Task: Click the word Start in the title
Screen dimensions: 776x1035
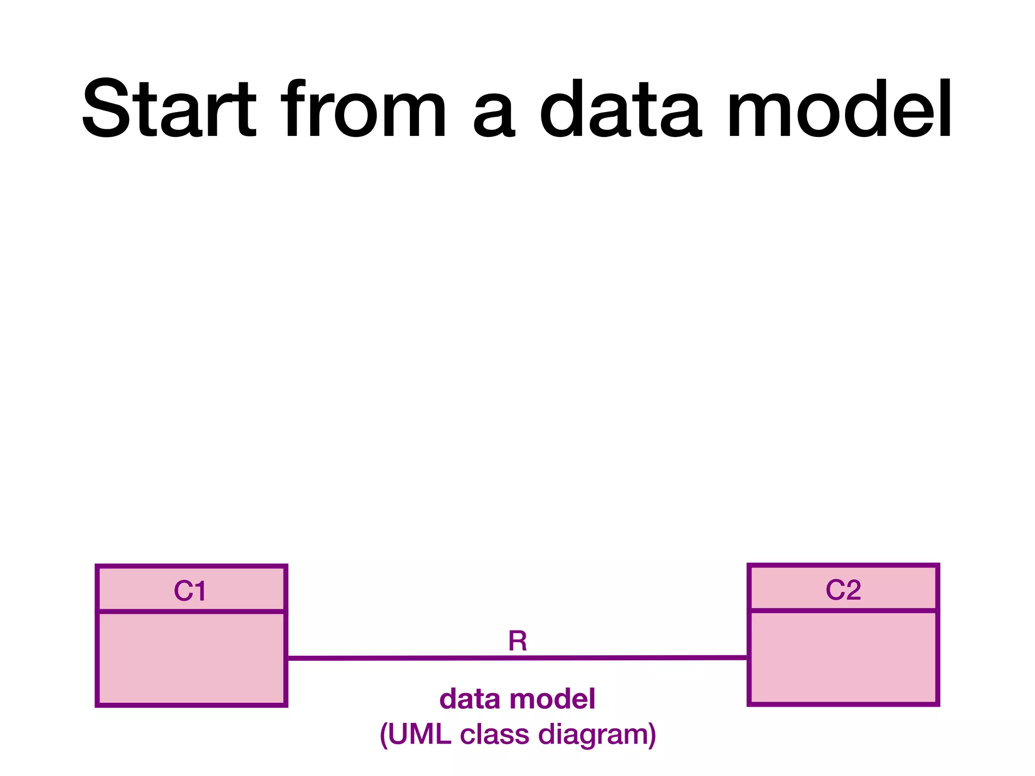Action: click(x=169, y=109)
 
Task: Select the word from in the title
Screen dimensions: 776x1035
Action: click(x=364, y=109)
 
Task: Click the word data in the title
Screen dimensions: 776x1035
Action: click(x=620, y=109)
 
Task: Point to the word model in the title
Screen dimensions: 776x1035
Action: click(x=839, y=109)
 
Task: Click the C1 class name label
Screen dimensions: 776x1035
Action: click(x=190, y=591)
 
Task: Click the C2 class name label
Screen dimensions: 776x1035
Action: click(x=843, y=590)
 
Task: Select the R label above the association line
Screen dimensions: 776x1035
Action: click(x=517, y=641)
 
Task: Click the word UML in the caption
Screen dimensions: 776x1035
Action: click(x=419, y=735)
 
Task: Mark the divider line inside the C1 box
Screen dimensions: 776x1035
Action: click(x=191, y=612)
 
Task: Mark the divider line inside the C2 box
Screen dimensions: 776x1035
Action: click(x=843, y=611)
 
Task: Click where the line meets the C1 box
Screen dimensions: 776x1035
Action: click(x=287, y=658)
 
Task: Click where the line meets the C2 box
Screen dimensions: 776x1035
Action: click(x=748, y=658)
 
